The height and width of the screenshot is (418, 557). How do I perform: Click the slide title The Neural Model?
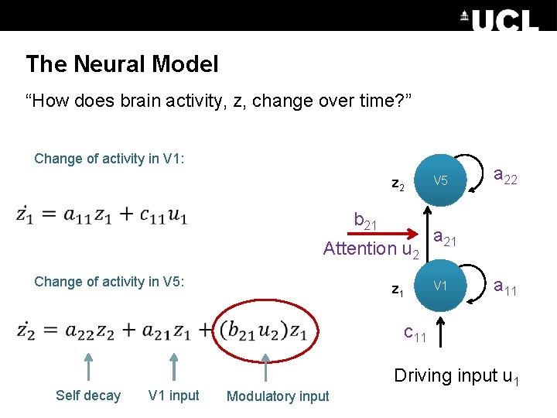click(x=122, y=64)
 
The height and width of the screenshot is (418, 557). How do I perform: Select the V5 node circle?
click(x=440, y=180)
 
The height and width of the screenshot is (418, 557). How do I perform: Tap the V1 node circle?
click(x=440, y=286)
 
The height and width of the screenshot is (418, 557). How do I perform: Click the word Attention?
click(x=359, y=248)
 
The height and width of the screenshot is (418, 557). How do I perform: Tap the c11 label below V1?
click(x=415, y=334)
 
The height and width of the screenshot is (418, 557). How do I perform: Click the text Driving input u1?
click(x=456, y=376)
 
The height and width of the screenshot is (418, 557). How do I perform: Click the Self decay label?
click(x=88, y=396)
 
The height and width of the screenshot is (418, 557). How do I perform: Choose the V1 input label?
click(x=174, y=396)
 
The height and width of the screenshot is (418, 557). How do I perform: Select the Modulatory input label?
click(x=278, y=396)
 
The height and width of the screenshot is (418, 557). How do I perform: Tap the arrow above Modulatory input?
click(x=265, y=367)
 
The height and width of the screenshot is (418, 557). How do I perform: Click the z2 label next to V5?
click(x=398, y=185)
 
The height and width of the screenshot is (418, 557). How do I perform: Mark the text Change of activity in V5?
click(x=109, y=282)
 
